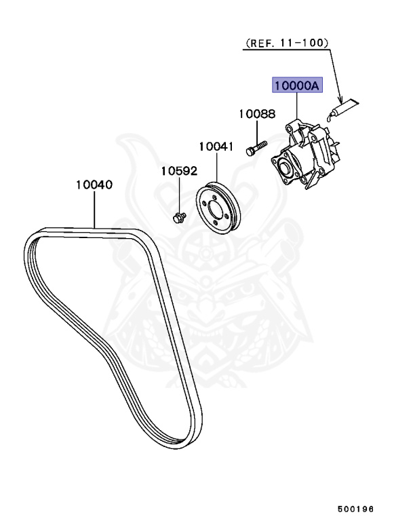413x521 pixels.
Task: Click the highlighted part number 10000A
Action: pos(297,85)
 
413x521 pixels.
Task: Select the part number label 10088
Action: pos(257,115)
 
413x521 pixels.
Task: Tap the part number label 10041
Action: pos(216,146)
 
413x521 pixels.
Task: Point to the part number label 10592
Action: pos(178,171)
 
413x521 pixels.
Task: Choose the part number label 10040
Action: pos(94,185)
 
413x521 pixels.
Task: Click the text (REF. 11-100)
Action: pos(286,42)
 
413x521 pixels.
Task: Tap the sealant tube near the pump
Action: pos(346,106)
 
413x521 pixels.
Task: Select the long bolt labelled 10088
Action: pos(255,147)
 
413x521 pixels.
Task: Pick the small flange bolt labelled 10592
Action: pos(179,217)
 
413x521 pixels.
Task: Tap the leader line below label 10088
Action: pos(257,131)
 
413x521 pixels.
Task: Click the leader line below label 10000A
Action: pos(297,109)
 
